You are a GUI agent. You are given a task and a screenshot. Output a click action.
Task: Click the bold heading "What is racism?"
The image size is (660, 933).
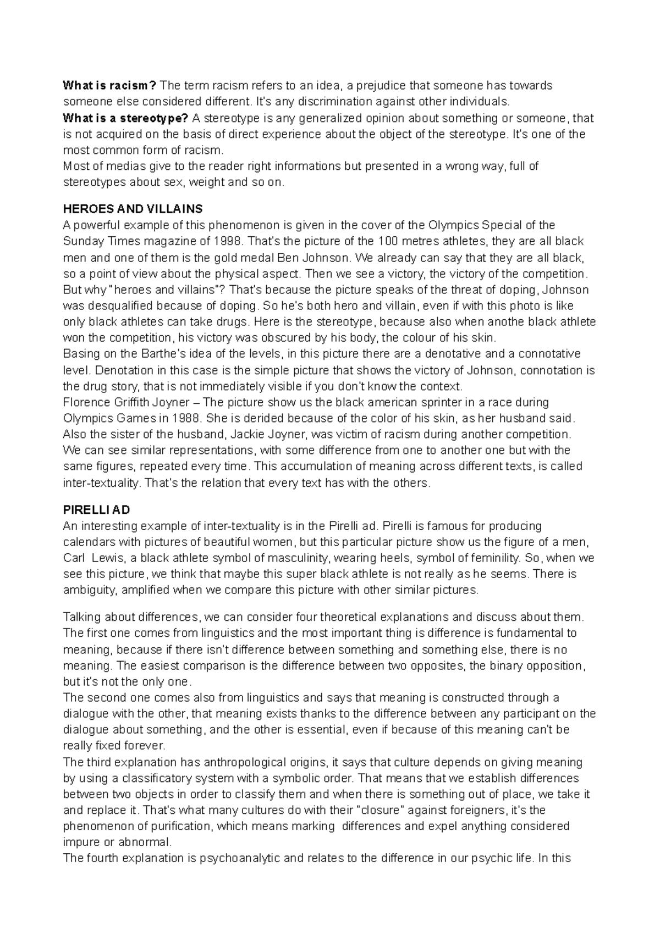(109, 85)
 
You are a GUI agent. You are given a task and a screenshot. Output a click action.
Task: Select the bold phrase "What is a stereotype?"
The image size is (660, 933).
(125, 118)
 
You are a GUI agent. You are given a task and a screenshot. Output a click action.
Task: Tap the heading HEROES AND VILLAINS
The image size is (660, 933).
(133, 209)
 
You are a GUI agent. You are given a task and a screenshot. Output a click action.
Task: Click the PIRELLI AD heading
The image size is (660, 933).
(96, 510)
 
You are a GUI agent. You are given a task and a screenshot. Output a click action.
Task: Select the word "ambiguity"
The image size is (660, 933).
(89, 590)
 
